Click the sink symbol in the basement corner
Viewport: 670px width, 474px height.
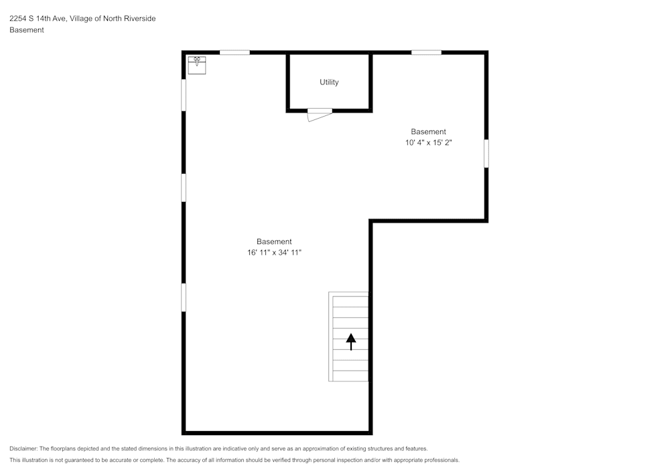pyautogui.click(x=196, y=65)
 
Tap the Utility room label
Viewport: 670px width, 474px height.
pyautogui.click(x=329, y=82)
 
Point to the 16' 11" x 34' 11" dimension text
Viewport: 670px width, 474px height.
pyautogui.click(x=274, y=253)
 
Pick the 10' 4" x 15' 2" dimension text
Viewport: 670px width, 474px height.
pyautogui.click(x=428, y=143)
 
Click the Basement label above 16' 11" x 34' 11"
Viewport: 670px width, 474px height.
pyautogui.click(x=274, y=241)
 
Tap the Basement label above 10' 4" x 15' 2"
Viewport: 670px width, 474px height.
pyautogui.click(x=428, y=131)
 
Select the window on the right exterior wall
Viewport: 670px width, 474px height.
pyautogui.click(x=486, y=154)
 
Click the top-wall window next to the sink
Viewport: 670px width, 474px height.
pyautogui.click(x=234, y=52)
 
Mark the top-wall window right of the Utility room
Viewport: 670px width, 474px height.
pyautogui.click(x=426, y=52)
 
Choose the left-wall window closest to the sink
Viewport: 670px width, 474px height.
pyautogui.click(x=184, y=95)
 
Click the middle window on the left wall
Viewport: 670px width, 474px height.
pyautogui.click(x=184, y=187)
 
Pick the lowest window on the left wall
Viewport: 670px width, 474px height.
pyautogui.click(x=184, y=297)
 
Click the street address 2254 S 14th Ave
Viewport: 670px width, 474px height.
pyautogui.click(x=37, y=19)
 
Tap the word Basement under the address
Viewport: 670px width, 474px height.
pyautogui.click(x=27, y=30)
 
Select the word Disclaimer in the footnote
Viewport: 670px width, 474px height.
pyautogui.click(x=23, y=449)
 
